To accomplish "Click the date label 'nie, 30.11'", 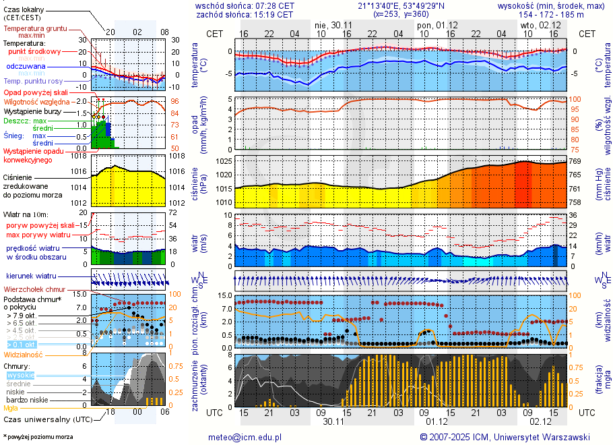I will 333,25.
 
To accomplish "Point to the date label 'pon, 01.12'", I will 437,25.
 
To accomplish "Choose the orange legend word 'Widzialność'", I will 24,354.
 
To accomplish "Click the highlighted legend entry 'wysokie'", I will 20,375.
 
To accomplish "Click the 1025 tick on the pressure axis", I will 224,162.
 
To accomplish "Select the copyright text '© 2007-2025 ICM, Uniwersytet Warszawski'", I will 505,437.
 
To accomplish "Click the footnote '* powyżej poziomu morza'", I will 38,437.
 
